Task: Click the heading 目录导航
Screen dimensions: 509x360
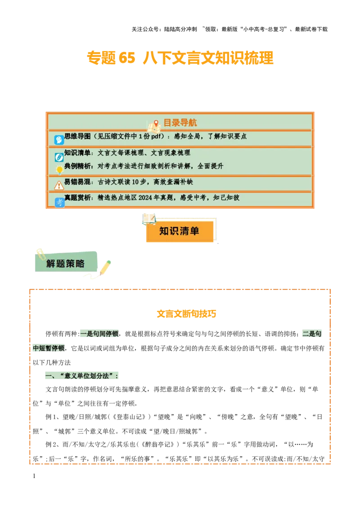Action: click(x=180, y=123)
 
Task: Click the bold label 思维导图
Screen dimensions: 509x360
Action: click(x=77, y=136)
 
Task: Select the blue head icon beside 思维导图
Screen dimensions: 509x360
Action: click(x=59, y=140)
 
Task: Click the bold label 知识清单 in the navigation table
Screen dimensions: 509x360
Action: click(x=77, y=153)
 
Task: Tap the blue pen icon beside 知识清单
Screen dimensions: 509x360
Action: click(x=59, y=157)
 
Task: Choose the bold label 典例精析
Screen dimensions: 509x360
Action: click(x=77, y=166)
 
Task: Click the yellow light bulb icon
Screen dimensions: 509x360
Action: click(x=59, y=170)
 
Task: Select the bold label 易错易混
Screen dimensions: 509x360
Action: click(x=77, y=182)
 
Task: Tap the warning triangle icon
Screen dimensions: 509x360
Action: click(x=59, y=185)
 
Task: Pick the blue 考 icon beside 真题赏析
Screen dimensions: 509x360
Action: click(x=59, y=202)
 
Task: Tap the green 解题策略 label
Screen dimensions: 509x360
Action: click(x=65, y=263)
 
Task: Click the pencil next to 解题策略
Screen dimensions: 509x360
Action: click(x=105, y=268)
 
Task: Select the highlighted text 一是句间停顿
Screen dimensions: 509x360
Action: click(x=99, y=334)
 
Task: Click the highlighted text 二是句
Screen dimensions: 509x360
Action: click(x=311, y=334)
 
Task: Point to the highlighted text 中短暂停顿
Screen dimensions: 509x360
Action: click(x=49, y=348)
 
